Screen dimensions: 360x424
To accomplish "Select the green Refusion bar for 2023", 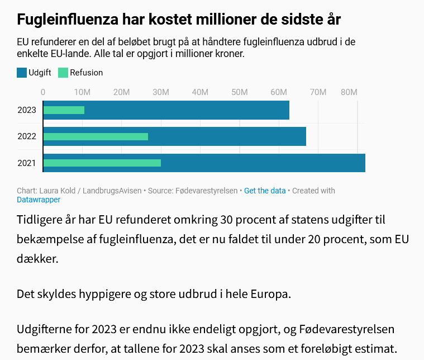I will (64, 110).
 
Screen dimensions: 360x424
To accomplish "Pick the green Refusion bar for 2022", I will (96, 136).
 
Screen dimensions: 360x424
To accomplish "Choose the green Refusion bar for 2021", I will (102, 163).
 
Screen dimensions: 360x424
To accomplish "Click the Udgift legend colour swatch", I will (22, 73).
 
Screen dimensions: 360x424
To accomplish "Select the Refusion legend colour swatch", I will (63, 73).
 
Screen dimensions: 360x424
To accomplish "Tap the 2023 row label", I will (27, 110).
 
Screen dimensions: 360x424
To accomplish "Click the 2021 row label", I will (27, 163).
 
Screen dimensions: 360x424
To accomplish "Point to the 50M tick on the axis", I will (240, 92).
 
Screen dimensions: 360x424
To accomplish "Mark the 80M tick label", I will (349, 92).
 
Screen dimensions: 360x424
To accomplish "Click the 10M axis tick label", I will (83, 92).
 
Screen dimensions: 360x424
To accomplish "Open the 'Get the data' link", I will (265, 191).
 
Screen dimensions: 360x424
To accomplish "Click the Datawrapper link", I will (39, 200).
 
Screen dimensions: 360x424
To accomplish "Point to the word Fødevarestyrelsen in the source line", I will (205, 191).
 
